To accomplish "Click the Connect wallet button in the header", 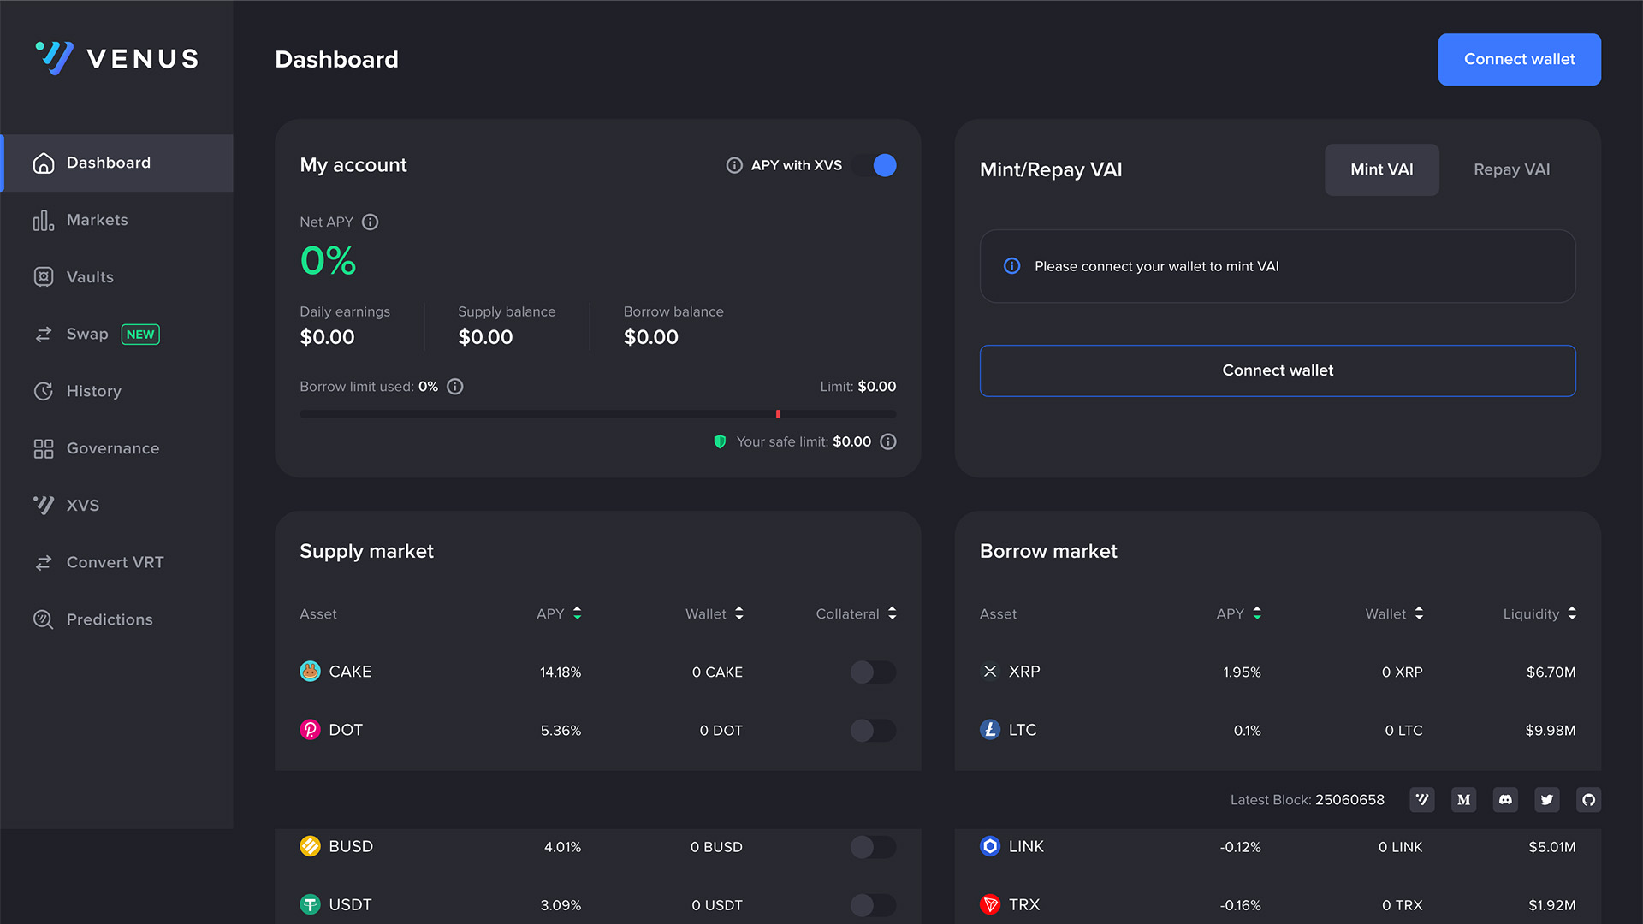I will point(1519,59).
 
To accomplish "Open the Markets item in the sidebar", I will point(97,220).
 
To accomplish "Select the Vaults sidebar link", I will point(90,277).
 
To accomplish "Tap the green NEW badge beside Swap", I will point(140,335).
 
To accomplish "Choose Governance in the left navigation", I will point(112,448).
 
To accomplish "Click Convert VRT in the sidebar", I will point(115,562).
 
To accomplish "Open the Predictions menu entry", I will point(110,619).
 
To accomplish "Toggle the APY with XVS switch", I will point(875,165).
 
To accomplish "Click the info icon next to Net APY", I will point(370,222).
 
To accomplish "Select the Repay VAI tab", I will point(1511,169).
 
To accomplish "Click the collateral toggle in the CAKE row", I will point(873,672).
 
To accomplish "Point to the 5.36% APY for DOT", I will point(561,731).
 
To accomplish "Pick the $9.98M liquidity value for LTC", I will point(1550,731).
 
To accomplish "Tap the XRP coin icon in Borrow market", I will point(990,672).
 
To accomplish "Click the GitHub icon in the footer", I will point(1588,800).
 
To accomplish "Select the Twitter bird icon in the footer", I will point(1546,800).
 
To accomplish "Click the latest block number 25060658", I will point(1349,800).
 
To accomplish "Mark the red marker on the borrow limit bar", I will point(778,414).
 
